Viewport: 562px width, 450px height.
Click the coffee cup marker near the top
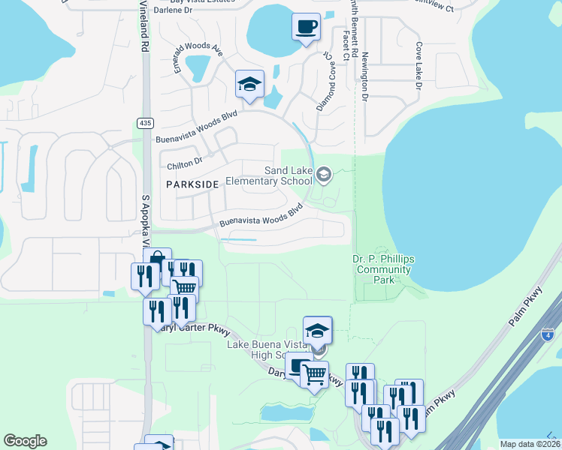coord(306,28)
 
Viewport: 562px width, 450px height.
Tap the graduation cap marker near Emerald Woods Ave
coord(249,84)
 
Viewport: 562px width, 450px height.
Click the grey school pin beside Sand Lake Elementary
coord(324,175)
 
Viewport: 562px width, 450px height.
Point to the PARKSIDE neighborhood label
coord(194,184)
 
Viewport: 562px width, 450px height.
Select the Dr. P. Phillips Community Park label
coord(383,269)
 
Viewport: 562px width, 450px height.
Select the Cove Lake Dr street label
coord(417,66)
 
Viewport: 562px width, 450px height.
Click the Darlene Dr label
coord(173,10)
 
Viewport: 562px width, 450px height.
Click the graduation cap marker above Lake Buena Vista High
coord(318,330)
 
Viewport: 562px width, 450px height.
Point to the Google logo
coord(25,441)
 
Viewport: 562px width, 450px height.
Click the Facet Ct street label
coord(346,46)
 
